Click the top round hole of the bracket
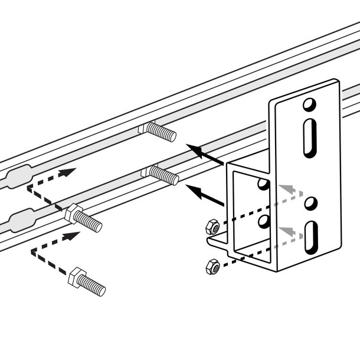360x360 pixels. click(x=307, y=106)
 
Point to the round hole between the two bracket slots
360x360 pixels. click(x=309, y=204)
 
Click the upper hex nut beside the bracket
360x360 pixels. click(x=213, y=226)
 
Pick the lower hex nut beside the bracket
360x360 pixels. click(x=212, y=267)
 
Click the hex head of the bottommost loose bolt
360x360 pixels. click(x=77, y=276)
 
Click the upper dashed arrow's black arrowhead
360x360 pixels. click(x=69, y=172)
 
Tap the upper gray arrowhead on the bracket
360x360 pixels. click(x=285, y=188)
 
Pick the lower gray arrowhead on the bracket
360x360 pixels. click(x=286, y=230)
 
